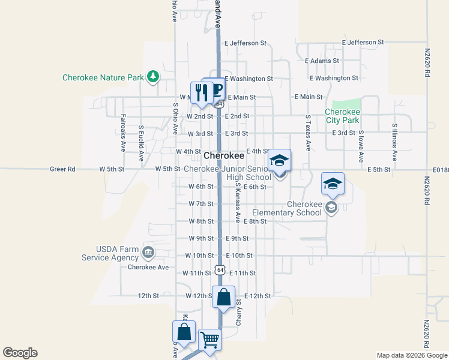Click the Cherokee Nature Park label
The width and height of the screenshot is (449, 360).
click(104, 77)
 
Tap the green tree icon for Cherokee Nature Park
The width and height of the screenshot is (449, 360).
click(154, 77)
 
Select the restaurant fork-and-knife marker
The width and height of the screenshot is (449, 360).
click(201, 92)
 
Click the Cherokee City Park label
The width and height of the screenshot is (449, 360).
click(342, 116)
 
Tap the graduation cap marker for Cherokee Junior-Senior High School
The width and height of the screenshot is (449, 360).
click(279, 160)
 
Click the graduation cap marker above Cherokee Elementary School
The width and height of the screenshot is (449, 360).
click(332, 184)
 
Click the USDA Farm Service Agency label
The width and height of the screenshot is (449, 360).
click(109, 253)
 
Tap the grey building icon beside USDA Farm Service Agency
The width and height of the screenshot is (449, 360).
click(148, 251)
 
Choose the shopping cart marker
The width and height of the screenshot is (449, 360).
click(209, 340)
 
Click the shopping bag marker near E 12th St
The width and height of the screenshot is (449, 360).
click(223, 298)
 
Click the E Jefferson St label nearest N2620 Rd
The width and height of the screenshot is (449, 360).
click(363, 43)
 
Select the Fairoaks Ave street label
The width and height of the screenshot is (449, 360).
click(123, 131)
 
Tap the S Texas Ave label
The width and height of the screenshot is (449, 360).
click(307, 133)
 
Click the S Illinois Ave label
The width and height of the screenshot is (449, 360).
click(394, 142)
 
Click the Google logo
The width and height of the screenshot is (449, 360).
click(20, 353)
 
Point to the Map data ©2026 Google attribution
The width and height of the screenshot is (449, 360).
click(411, 355)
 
